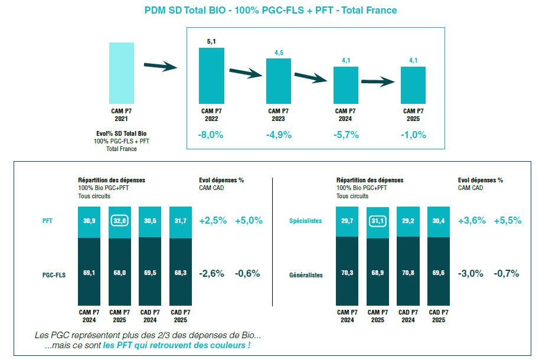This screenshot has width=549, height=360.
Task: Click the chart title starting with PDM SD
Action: click(270, 10)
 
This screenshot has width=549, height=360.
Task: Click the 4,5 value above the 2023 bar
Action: click(279, 53)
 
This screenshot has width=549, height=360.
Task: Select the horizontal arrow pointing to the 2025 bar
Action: click(377, 82)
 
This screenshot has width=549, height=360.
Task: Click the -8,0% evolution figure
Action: click(211, 135)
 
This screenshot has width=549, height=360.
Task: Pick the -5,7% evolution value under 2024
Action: click(346, 135)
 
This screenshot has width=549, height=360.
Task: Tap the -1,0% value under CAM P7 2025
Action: click(413, 135)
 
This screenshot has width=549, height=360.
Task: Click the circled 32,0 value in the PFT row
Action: click(119, 220)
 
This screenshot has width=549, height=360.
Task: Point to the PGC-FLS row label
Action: click(54, 274)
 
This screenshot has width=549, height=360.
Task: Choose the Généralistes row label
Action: click(306, 275)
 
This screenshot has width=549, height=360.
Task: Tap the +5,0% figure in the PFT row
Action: click(249, 220)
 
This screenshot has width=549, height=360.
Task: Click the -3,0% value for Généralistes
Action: click(470, 273)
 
